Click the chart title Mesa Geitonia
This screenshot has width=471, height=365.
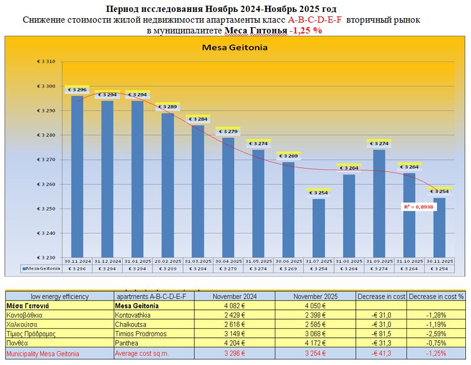click(x=235, y=48)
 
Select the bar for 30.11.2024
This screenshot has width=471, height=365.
click(x=77, y=176)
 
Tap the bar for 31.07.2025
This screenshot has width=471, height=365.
click(x=319, y=227)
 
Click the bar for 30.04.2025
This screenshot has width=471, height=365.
click(x=228, y=196)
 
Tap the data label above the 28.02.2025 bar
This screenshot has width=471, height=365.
click(x=167, y=107)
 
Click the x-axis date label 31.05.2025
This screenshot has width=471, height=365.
click(x=258, y=261)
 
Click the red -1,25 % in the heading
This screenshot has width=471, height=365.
click(x=306, y=31)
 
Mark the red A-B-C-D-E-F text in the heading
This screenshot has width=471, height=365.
click(x=322, y=20)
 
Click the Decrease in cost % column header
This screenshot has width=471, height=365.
click(x=436, y=296)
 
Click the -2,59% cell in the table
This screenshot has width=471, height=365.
click(x=436, y=334)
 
